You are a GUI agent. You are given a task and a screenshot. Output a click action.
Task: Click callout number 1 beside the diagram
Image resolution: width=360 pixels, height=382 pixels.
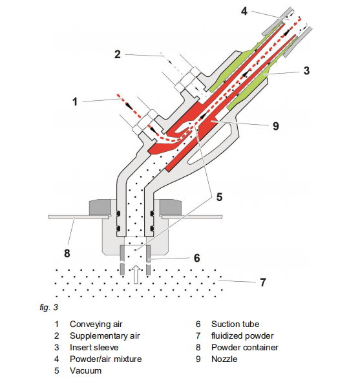(75, 101)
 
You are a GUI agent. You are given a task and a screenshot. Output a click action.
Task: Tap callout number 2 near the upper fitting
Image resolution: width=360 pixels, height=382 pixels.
(118, 54)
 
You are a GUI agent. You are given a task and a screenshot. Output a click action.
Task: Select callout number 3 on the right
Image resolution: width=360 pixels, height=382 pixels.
(306, 70)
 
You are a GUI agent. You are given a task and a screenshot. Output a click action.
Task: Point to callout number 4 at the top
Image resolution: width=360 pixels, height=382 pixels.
(244, 11)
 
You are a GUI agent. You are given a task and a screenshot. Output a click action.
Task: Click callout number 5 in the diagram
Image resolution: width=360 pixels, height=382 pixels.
(219, 197)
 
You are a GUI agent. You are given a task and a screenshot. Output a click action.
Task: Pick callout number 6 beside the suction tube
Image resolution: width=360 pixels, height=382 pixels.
(197, 258)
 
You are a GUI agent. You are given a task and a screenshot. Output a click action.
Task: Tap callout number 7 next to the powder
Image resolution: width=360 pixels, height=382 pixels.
(263, 282)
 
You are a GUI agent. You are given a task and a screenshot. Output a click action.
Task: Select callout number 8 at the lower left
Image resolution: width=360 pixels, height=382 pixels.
(67, 253)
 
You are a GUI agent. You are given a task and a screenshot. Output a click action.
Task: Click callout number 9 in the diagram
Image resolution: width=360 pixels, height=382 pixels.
(275, 126)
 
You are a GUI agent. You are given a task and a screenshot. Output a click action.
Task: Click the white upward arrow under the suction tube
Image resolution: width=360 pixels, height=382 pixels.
(136, 275)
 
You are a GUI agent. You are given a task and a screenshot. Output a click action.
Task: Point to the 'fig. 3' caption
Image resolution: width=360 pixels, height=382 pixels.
(48, 308)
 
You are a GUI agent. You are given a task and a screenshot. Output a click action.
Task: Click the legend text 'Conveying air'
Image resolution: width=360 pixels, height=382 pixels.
(96, 324)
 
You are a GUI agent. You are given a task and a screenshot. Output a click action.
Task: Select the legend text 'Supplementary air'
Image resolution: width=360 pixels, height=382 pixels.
(105, 336)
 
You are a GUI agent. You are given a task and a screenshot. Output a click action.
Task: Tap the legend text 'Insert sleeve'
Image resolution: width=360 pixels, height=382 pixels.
(94, 347)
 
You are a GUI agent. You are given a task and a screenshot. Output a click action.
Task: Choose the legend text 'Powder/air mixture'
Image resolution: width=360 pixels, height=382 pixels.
(106, 359)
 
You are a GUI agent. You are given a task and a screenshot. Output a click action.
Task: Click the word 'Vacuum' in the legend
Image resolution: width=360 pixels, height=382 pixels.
(85, 371)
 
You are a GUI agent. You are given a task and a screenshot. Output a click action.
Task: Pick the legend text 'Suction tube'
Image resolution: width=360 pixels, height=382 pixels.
(235, 324)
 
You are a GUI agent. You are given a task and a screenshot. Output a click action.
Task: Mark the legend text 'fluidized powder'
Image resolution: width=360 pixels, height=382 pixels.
(242, 336)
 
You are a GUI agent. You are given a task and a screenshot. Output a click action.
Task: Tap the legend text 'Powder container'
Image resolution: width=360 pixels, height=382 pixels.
(245, 347)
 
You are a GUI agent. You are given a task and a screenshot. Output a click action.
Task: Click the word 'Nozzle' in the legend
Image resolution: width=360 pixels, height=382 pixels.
(224, 359)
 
